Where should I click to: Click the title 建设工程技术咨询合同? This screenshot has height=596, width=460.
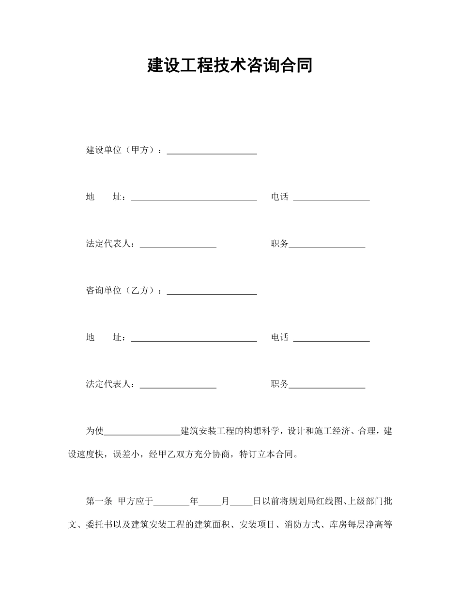(230, 65)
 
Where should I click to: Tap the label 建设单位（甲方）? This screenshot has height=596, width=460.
(122, 150)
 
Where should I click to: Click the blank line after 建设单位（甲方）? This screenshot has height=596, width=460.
(212, 151)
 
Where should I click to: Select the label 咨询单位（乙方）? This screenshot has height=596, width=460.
(122, 291)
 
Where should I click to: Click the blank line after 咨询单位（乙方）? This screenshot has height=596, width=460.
(212, 292)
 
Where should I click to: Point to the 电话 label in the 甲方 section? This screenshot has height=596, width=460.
(279, 197)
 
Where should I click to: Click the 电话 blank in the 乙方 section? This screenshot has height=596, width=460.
(331, 338)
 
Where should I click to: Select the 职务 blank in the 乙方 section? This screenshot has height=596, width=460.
(327, 385)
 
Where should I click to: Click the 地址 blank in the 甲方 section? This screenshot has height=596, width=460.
(194, 198)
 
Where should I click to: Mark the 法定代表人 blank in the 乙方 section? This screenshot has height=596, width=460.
(178, 385)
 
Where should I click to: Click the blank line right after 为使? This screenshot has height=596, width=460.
(142, 432)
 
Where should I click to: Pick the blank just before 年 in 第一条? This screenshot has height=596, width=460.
(171, 502)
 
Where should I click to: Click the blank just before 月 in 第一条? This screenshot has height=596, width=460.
(210, 502)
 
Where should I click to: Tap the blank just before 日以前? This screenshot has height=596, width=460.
(241, 502)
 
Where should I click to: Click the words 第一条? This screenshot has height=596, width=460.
(99, 501)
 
